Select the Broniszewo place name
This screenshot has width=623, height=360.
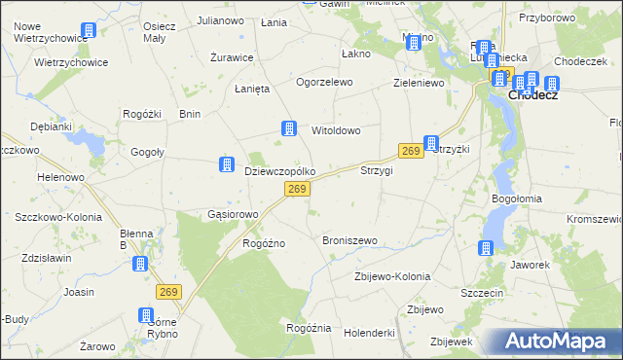coord(349,239)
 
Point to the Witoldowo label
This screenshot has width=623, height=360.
coord(336,129)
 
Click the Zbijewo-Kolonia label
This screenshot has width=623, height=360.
coord(391,276)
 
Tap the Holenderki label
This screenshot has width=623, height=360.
coord(369,333)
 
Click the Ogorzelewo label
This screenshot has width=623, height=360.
coord(324,83)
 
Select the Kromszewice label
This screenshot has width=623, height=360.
coord(592,219)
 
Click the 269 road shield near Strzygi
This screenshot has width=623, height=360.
coord(410,151)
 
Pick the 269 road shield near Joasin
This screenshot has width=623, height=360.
coord(169,291)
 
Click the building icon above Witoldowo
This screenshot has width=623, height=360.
coord(289,127)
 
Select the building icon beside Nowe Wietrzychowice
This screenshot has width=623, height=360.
coord(89,30)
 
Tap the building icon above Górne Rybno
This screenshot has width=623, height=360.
coord(146,315)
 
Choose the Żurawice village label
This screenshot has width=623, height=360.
coord(232,57)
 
